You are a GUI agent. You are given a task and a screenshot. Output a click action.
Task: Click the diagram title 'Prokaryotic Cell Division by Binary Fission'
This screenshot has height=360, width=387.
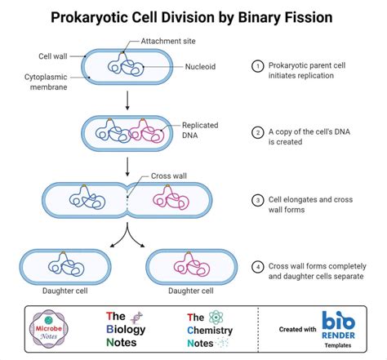tap(193, 16)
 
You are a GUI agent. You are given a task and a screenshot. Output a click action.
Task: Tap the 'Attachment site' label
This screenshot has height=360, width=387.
tap(173, 41)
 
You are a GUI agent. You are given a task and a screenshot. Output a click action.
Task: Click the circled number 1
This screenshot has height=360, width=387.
tap(258, 66)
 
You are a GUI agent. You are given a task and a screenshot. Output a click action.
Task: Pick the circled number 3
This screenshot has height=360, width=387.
tap(258, 199)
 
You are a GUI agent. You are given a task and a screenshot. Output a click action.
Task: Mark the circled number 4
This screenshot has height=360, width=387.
tap(258, 265)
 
